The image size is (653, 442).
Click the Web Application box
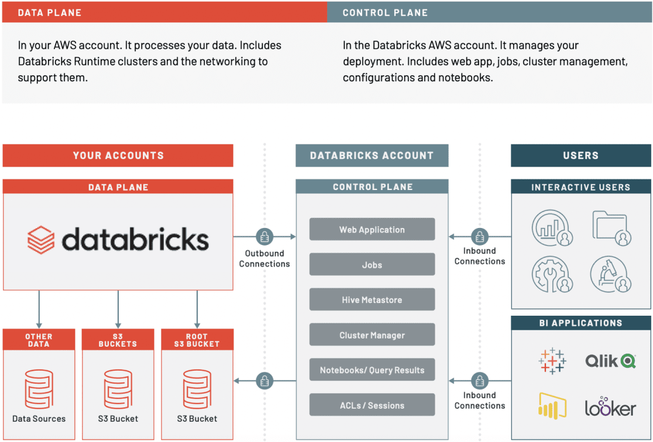[x=372, y=229]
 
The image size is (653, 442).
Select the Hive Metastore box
[x=372, y=299]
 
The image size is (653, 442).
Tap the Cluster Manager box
[x=372, y=335]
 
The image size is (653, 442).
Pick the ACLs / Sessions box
[x=372, y=405]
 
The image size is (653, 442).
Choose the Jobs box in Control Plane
[x=372, y=264]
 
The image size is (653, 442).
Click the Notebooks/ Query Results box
[x=372, y=370]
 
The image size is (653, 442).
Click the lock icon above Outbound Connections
[x=264, y=237]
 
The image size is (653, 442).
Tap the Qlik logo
[x=610, y=361]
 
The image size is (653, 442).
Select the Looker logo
[x=610, y=408]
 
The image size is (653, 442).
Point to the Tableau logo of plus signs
[x=552, y=361]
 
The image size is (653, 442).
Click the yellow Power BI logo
[x=552, y=406]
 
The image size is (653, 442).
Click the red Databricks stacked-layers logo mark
[x=41, y=240]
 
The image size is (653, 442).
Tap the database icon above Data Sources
[x=39, y=389]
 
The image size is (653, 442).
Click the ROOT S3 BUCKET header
[x=197, y=340]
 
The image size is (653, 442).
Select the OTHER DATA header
[x=39, y=340]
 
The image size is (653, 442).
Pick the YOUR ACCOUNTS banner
[x=118, y=156]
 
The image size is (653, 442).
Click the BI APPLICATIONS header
[x=580, y=323]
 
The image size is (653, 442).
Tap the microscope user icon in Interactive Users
[x=610, y=274]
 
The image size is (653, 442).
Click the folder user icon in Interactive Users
[x=611, y=227]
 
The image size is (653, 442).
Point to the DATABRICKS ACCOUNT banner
[x=372, y=156]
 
